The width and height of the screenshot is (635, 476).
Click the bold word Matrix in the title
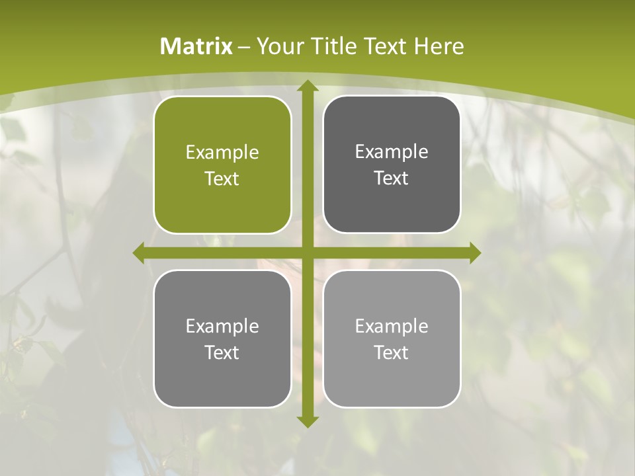coord(196,46)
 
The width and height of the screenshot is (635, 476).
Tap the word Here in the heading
coord(439,46)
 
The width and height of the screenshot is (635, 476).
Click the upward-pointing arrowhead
coord(308,86)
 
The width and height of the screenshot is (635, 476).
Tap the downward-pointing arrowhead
coord(308,421)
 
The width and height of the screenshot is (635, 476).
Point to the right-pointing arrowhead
coord(475,253)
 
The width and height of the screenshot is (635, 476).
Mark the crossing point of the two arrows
coord(308,253)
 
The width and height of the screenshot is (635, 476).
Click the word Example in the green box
coord(222,153)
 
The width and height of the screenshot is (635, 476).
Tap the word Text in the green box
coord(222,179)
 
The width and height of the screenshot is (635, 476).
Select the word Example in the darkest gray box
coord(392,152)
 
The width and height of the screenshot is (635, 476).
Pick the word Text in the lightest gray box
coord(392,353)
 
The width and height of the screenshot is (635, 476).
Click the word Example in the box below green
coord(222,326)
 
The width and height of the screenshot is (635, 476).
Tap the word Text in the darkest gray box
coord(392,178)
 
